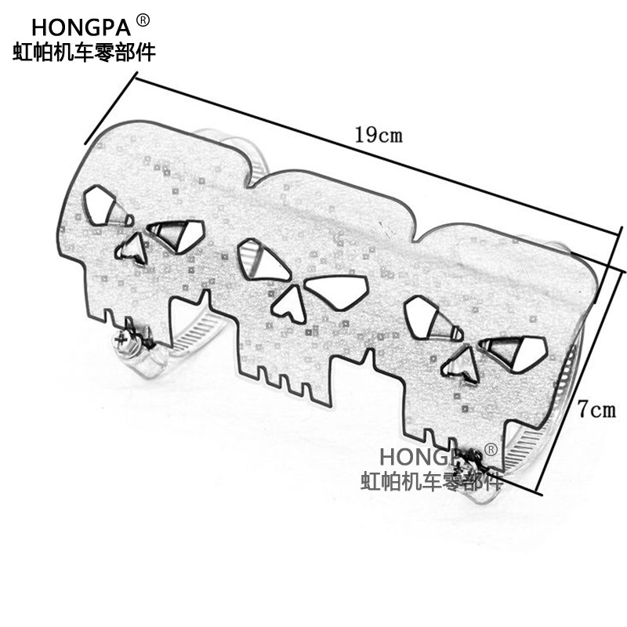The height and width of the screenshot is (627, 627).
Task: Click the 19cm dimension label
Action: coord(378,134)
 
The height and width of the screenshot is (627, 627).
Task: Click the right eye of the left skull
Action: coord(177,234)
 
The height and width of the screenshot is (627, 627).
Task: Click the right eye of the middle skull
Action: coord(336,292)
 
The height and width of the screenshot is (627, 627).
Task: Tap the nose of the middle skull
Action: coord(290,303)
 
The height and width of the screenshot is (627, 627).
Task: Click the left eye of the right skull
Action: coord(429,320)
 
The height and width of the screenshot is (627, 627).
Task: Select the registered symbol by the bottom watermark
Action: coord(491,449)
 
